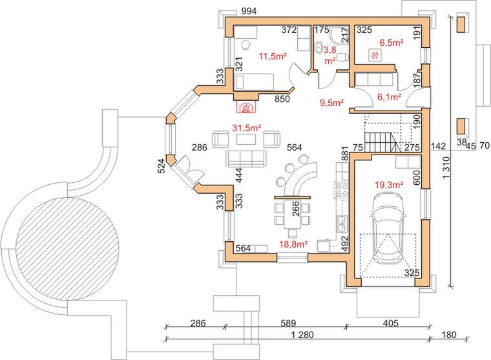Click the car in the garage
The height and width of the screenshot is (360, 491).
click(388, 228)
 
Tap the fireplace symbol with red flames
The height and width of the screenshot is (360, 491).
click(246, 107)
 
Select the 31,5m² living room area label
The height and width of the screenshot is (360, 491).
click(247, 127)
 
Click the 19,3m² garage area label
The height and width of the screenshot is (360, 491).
click(389, 185)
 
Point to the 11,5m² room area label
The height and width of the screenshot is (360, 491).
click(273, 56)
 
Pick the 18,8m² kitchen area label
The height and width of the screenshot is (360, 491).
click(293, 244)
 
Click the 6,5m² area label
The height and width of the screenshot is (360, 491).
click(391, 43)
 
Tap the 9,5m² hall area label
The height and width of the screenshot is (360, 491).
click(332, 102)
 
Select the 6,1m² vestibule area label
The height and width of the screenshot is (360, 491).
click(389, 97)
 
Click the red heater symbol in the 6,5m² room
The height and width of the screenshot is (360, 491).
click(375, 56)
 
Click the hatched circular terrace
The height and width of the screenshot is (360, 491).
click(68, 248)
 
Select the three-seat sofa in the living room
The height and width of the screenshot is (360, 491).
click(246, 158)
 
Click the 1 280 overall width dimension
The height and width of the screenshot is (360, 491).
click(302, 335)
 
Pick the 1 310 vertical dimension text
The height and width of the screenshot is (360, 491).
click(446, 168)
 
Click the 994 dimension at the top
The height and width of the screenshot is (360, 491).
click(249, 11)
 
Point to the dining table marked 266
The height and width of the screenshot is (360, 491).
click(293, 215)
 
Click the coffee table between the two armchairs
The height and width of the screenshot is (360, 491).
click(246, 139)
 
